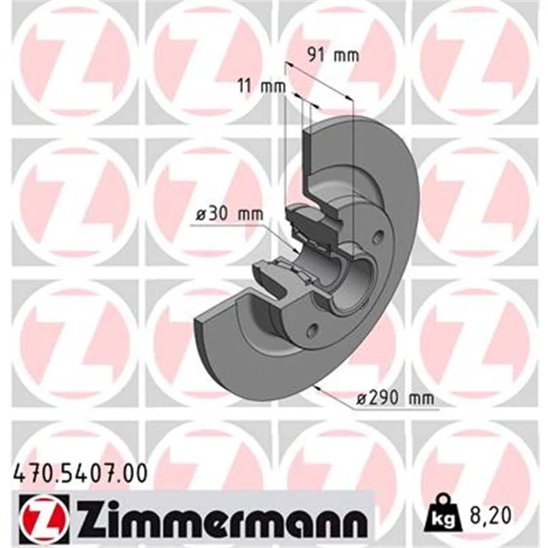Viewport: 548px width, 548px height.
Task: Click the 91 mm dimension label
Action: point(333,55)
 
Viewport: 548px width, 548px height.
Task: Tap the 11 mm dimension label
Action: point(262,86)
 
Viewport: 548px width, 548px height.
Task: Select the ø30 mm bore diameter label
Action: point(229,214)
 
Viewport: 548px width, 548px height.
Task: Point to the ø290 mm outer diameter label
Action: point(395,399)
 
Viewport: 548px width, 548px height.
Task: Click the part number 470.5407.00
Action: point(80,474)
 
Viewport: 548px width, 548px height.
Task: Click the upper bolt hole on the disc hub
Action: point(378,238)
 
